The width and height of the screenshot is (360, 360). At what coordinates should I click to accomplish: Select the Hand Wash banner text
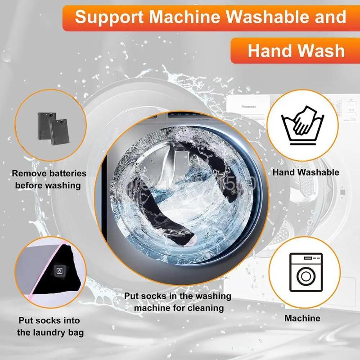click(x=296, y=50)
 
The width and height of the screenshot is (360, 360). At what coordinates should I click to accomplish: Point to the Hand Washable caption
click(x=306, y=172)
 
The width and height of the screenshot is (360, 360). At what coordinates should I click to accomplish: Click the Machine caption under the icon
click(x=302, y=319)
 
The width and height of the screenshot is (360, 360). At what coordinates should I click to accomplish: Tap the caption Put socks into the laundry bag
click(x=49, y=327)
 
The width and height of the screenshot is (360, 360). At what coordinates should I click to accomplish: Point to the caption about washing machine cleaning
click(x=178, y=302)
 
